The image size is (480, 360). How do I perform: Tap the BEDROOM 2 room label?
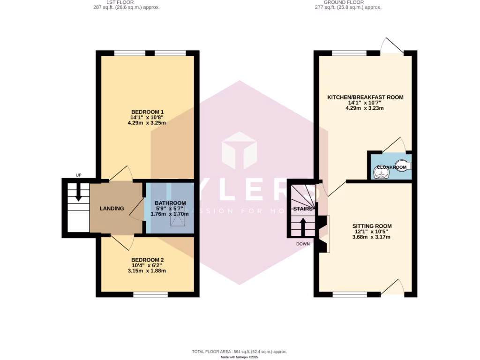(x=147, y=260)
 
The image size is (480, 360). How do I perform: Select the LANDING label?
(x=112, y=208)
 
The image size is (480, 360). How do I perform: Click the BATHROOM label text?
(x=170, y=203)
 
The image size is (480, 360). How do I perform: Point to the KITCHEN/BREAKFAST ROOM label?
(x=365, y=97)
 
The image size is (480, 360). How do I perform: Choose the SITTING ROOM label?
(x=372, y=226)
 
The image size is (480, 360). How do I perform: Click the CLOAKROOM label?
(x=391, y=167)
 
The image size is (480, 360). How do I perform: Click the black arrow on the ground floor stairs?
(x=303, y=226)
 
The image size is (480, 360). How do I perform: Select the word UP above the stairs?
(x=78, y=175)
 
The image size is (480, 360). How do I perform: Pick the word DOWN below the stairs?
(x=303, y=244)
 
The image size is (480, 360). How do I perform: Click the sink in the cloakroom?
(x=382, y=173)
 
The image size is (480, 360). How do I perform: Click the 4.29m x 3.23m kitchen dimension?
(x=365, y=108)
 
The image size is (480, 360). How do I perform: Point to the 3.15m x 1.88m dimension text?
(x=147, y=271)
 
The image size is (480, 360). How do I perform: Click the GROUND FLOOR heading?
(x=348, y=2)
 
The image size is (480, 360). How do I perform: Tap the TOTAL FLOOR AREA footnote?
(x=239, y=352)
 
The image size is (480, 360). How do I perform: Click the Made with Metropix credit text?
(x=240, y=357)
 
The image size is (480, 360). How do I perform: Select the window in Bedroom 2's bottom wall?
(x=150, y=294)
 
